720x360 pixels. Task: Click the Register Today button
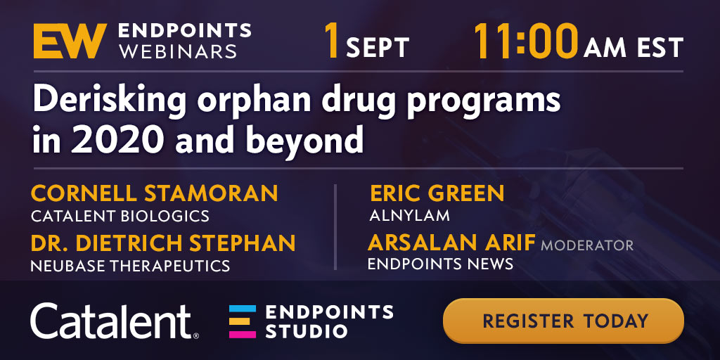click(x=563, y=321)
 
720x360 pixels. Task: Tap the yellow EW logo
click(x=70, y=41)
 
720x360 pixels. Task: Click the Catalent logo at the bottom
click(x=115, y=321)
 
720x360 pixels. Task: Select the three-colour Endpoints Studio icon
click(x=243, y=321)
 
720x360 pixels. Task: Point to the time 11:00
click(x=526, y=41)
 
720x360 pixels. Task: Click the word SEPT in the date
click(x=378, y=48)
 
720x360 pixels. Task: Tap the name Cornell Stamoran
click(x=154, y=193)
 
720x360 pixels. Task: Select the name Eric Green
click(x=437, y=193)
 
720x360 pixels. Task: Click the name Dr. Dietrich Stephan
click(x=163, y=243)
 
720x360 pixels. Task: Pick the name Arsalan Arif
click(x=451, y=243)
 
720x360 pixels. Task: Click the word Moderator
click(x=587, y=245)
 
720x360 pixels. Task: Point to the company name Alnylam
click(x=410, y=216)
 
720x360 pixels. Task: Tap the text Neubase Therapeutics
click(x=130, y=265)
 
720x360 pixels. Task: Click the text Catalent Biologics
click(x=120, y=216)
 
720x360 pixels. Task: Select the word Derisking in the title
click(x=109, y=101)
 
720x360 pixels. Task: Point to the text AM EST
click(x=634, y=47)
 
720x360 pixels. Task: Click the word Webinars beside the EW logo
click(x=177, y=51)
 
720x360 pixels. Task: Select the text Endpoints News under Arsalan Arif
click(x=440, y=264)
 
